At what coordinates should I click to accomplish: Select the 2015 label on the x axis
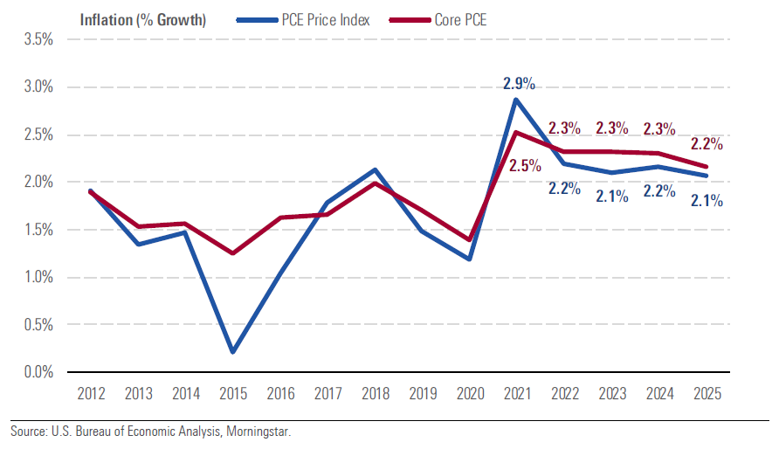pyautogui.click(x=232, y=394)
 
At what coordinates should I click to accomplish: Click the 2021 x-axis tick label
pyautogui.click(x=517, y=394)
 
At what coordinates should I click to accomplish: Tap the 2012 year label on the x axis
pyautogui.click(x=90, y=394)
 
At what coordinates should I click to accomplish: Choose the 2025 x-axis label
pyautogui.click(x=707, y=394)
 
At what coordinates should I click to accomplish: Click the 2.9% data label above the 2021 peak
pyautogui.click(x=519, y=84)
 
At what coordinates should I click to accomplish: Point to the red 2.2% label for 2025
pyautogui.click(x=707, y=144)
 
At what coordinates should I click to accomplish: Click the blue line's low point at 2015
pyautogui.click(x=232, y=352)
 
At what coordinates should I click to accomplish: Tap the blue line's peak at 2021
pyautogui.click(x=517, y=99)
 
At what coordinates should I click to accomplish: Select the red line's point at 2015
pyautogui.click(x=232, y=253)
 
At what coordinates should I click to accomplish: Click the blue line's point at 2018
pyautogui.click(x=375, y=169)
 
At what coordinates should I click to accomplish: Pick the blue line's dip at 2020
pyautogui.click(x=470, y=259)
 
